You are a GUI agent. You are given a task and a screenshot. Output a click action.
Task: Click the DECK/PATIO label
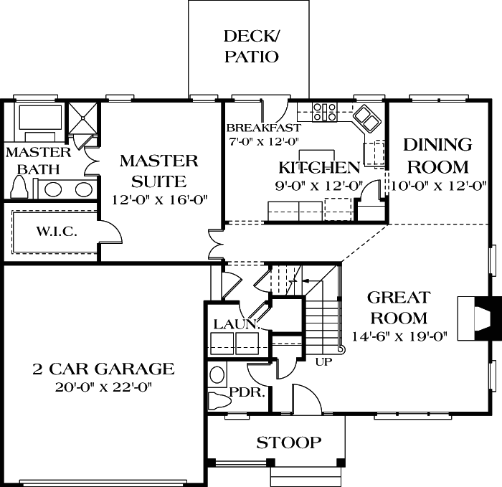click(250, 46)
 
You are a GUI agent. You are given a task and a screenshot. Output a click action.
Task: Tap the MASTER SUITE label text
click(158, 170)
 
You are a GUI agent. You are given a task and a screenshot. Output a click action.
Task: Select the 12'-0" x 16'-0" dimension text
click(158, 199)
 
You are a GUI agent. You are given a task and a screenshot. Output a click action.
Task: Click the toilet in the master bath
click(20, 187)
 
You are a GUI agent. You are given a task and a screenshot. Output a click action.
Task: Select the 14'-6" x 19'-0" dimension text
click(399, 336)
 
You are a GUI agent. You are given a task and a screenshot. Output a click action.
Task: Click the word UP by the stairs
click(324, 361)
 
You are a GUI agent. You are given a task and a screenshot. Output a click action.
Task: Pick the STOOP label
click(289, 442)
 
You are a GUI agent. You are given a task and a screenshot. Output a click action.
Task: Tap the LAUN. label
click(235, 324)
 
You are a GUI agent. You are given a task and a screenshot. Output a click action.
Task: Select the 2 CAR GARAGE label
click(103, 369)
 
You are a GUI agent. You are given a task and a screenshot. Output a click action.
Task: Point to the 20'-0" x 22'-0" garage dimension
click(103, 387)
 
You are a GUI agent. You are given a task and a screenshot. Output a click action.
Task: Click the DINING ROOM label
click(437, 156)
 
